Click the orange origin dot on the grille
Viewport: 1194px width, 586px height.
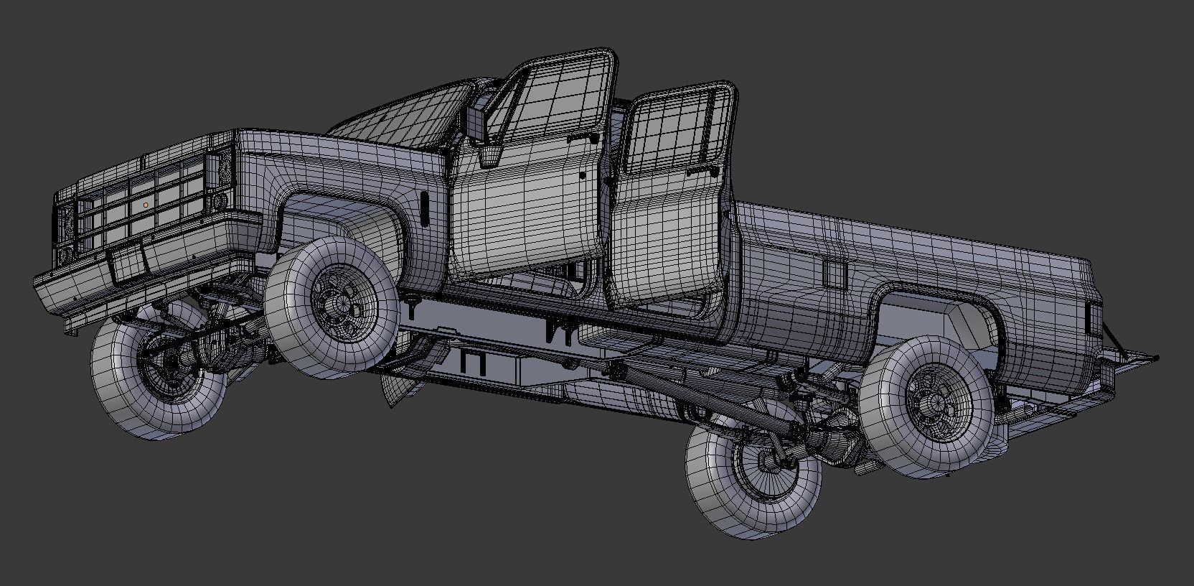pos(146,205)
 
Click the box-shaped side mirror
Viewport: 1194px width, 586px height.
pos(476,123)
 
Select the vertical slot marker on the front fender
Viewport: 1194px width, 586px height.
pos(425,209)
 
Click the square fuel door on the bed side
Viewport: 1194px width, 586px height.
pos(834,273)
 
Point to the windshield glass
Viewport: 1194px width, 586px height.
pos(402,118)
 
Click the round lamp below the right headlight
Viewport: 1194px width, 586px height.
pos(220,200)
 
